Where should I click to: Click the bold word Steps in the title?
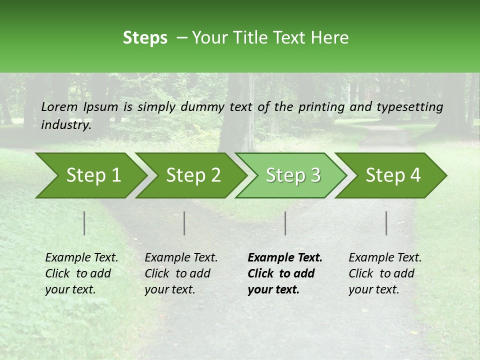145,38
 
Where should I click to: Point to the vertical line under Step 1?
84,223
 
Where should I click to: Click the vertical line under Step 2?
184,223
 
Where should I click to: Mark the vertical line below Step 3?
285,223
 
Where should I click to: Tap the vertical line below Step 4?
386,223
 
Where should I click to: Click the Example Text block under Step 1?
81,273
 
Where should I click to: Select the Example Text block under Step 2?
181,273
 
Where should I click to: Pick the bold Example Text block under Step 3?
284,273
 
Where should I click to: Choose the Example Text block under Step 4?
385,273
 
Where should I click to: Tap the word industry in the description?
65,125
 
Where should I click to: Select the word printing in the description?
320,107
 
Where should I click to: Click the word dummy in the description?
202,107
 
